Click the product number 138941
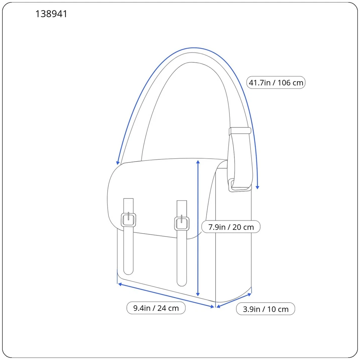click(x=51, y=14)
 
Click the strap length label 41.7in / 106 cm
click(x=276, y=82)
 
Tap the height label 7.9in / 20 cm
click(x=231, y=227)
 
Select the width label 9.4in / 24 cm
click(x=156, y=308)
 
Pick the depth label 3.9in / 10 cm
click(x=265, y=309)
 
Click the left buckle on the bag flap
click(x=128, y=219)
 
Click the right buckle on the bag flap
click(x=182, y=223)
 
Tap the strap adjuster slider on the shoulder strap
click(x=240, y=131)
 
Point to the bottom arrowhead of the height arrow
click(x=198, y=295)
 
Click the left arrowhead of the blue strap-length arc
click(x=118, y=162)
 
